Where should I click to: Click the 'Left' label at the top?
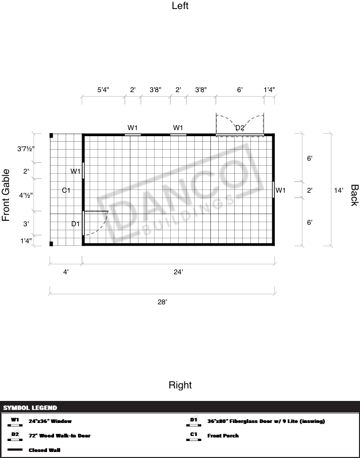pos(180,6)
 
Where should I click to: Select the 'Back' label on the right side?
pos(354,195)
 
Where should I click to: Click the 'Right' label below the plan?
pos(180,385)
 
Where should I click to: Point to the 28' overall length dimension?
pos(162,301)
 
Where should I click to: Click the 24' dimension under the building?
pos(178,272)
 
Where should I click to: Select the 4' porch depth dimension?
pos(66,272)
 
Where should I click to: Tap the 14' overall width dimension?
pos(338,190)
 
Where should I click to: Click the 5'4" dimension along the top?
pos(103,90)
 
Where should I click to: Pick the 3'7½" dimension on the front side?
pos(26,149)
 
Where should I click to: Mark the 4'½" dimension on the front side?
pos(26,195)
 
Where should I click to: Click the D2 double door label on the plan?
pos(240,128)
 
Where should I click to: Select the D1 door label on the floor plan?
pos(76,224)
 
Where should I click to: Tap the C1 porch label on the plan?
pos(66,190)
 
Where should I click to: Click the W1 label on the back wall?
pos(280,190)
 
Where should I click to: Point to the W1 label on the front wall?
pos(76,171)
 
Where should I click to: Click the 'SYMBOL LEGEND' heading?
pos(30,408)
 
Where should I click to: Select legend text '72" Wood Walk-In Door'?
pos(60,435)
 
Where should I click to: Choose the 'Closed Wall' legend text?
pos(45,450)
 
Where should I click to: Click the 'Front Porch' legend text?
pos(223,435)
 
